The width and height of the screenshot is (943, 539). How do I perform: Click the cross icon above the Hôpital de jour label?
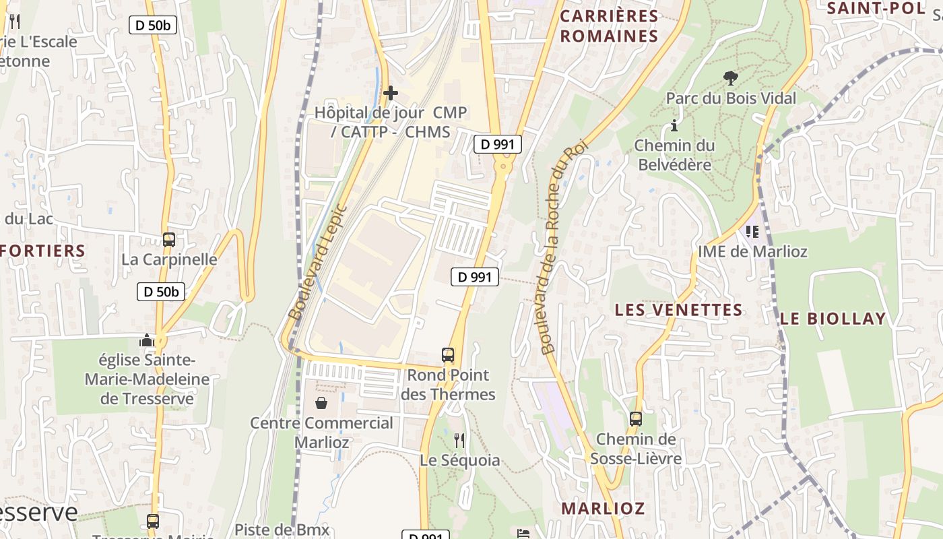[390, 93]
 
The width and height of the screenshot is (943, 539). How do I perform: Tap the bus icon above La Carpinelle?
[168, 240]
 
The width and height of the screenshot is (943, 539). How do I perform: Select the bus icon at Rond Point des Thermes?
[447, 355]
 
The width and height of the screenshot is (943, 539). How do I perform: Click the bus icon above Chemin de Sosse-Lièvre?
[635, 419]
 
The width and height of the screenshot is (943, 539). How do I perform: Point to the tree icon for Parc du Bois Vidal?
[730, 79]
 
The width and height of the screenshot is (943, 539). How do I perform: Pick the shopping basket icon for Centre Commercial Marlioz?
[321, 403]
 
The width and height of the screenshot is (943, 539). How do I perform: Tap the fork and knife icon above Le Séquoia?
[459, 441]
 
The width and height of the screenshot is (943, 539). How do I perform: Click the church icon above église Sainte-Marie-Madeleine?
[146, 340]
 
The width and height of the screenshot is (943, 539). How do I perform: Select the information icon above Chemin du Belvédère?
[674, 125]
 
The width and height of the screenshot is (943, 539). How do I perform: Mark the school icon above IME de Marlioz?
[752, 232]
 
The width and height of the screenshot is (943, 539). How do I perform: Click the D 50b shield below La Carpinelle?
[161, 292]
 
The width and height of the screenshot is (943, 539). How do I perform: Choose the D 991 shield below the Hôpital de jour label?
[498, 144]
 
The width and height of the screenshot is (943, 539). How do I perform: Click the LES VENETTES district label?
[678, 310]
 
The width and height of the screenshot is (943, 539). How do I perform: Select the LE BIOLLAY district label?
[833, 319]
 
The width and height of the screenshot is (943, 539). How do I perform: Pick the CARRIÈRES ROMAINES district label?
[609, 26]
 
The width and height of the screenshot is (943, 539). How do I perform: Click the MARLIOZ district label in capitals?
[603, 508]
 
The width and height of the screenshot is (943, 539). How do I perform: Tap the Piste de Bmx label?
[282, 530]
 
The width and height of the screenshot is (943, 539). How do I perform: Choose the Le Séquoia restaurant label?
[460, 460]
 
